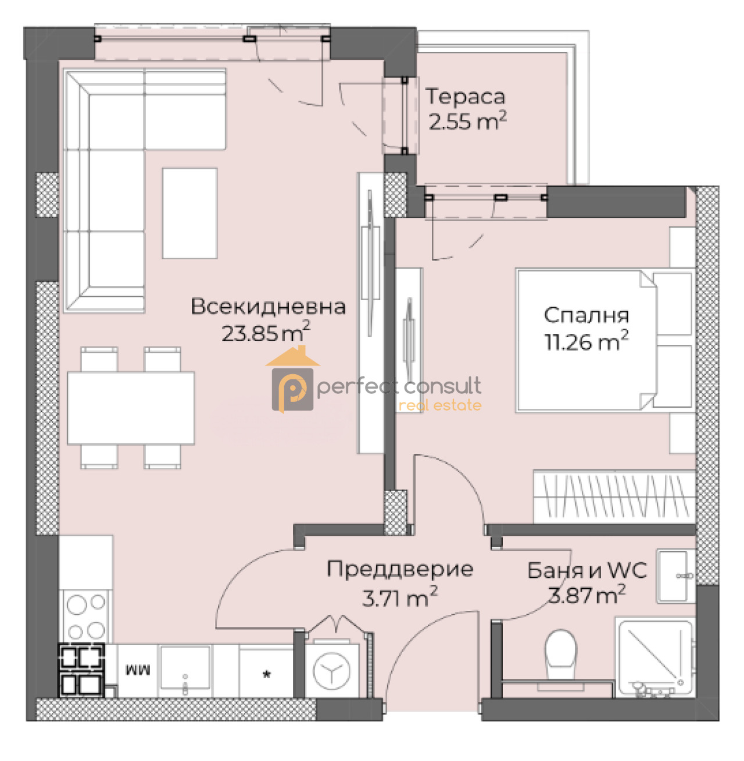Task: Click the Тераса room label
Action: (465, 97)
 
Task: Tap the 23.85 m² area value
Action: (265, 333)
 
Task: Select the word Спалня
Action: (586, 315)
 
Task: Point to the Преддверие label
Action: (400, 569)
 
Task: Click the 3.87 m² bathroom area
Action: (587, 595)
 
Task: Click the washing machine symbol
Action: (331, 671)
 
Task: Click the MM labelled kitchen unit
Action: (138, 670)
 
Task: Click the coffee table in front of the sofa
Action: (189, 213)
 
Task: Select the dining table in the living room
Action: (131, 408)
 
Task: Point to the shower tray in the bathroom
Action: (654, 657)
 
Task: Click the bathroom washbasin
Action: (675, 575)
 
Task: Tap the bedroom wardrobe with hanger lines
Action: (614, 496)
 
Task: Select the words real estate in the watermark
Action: (440, 406)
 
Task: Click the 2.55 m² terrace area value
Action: (467, 121)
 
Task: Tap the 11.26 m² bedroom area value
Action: (586, 342)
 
